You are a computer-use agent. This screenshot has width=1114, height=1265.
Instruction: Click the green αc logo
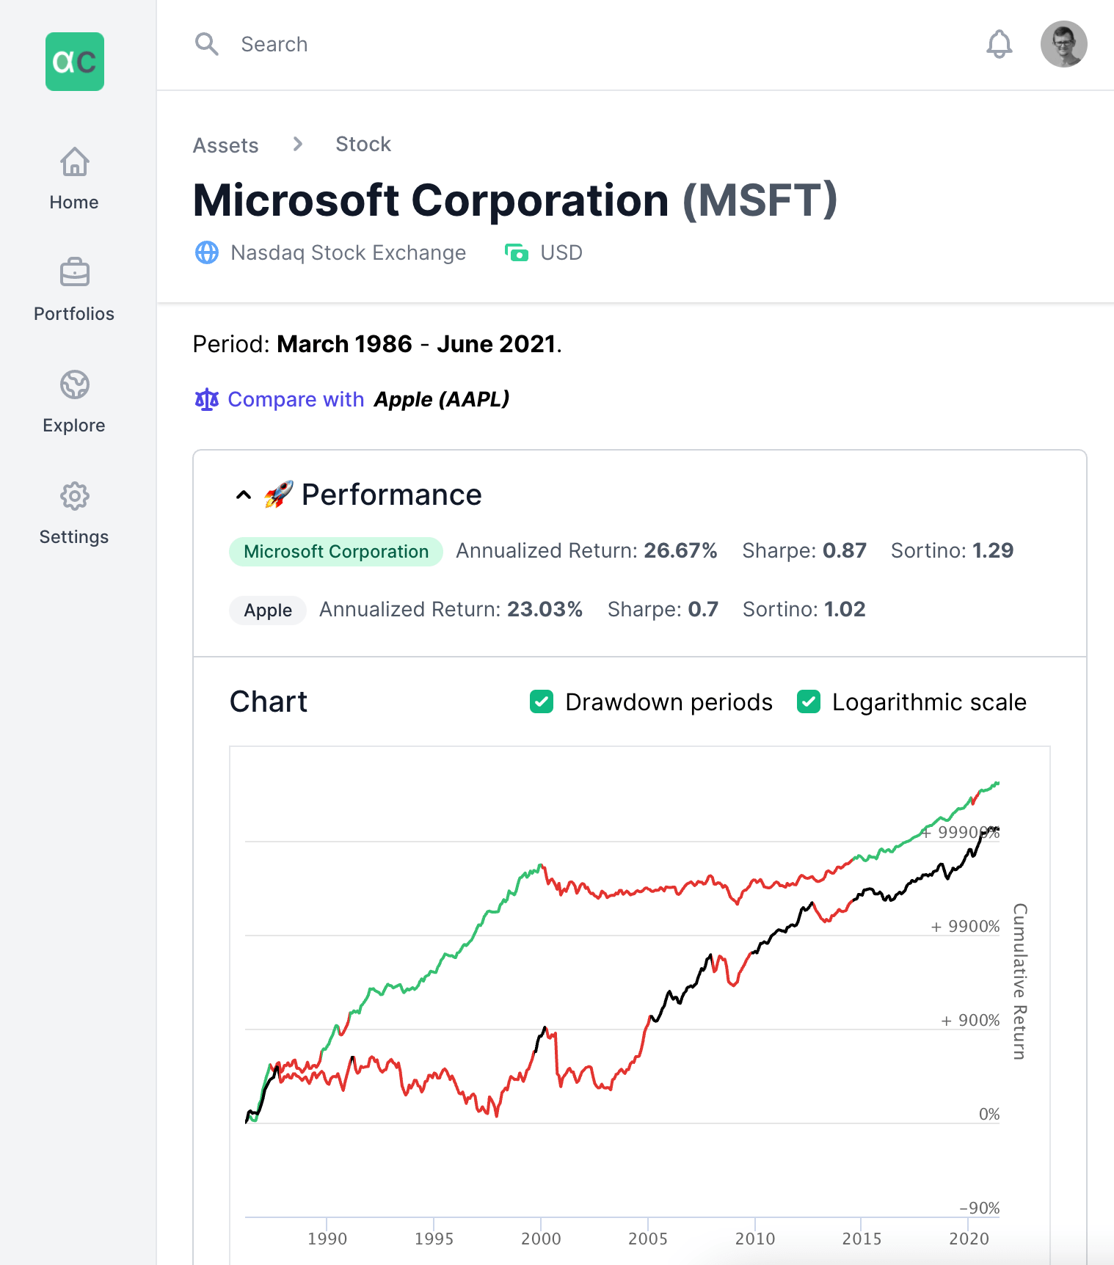75,62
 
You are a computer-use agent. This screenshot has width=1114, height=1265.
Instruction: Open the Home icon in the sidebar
75,162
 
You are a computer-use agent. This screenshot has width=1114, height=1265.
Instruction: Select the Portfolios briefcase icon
75,273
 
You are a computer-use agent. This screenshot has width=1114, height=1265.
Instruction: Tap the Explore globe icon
75,384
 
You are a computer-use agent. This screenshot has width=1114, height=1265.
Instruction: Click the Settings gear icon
75,496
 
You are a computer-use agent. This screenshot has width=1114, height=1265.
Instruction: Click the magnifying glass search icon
206,44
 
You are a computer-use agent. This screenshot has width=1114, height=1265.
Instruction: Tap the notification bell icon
999,44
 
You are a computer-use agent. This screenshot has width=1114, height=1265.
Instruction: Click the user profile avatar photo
1063,44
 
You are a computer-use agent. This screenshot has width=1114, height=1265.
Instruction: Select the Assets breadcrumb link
225,145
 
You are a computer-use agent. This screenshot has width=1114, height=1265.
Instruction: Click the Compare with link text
296,399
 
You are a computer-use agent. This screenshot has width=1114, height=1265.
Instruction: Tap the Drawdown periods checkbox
542,701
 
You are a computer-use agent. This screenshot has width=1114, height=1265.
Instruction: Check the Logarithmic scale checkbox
809,701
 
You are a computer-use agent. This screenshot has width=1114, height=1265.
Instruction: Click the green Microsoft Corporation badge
336,552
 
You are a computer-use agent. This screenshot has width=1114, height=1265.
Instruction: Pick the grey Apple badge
268,610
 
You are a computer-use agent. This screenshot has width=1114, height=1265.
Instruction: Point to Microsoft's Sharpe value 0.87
845,550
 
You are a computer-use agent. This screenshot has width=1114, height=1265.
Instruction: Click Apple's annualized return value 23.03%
545,609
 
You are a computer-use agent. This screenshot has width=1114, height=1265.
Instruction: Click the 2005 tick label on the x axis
648,1239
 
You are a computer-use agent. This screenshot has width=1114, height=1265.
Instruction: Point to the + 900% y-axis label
970,1021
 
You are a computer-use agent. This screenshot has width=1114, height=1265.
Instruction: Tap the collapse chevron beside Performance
244,495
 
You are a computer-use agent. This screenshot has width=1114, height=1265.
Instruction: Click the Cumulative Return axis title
1019,981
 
